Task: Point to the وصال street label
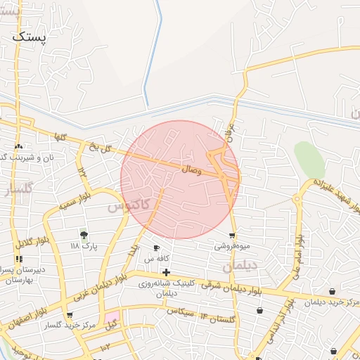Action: (x=191, y=169)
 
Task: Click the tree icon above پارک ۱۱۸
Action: (x=84, y=235)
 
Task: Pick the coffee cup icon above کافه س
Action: (x=156, y=248)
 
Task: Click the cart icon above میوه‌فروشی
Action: (x=232, y=236)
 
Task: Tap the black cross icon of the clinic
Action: (x=165, y=272)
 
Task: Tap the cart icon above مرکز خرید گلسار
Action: (x=69, y=315)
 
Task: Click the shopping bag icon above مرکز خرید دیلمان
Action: (x=331, y=291)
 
